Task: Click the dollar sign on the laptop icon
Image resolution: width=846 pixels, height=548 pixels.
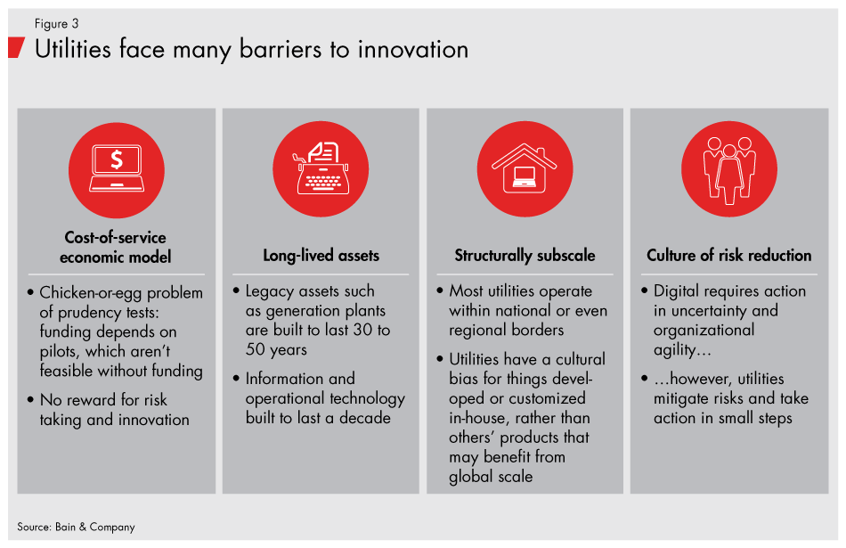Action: (117, 159)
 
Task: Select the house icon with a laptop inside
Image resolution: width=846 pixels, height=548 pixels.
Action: (524, 168)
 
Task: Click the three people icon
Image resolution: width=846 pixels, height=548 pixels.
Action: (729, 170)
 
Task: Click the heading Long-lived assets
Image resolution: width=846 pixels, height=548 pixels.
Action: (321, 256)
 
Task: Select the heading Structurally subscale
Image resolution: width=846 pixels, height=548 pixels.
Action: (525, 256)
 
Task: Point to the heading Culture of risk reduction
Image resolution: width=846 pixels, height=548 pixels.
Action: (729, 256)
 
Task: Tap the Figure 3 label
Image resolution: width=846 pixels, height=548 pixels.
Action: (57, 24)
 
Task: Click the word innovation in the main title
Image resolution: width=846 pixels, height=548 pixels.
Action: (413, 50)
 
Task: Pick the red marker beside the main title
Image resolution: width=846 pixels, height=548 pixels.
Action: (16, 47)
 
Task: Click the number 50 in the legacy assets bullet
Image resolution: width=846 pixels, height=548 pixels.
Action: (256, 349)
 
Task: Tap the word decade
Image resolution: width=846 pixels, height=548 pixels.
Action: (365, 418)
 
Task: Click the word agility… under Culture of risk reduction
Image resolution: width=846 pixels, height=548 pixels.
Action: (682, 350)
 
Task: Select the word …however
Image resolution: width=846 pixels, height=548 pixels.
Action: (693, 379)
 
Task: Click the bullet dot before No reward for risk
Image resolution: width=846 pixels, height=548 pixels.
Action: (31, 399)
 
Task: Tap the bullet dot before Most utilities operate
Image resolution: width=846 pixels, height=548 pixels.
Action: (440, 290)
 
